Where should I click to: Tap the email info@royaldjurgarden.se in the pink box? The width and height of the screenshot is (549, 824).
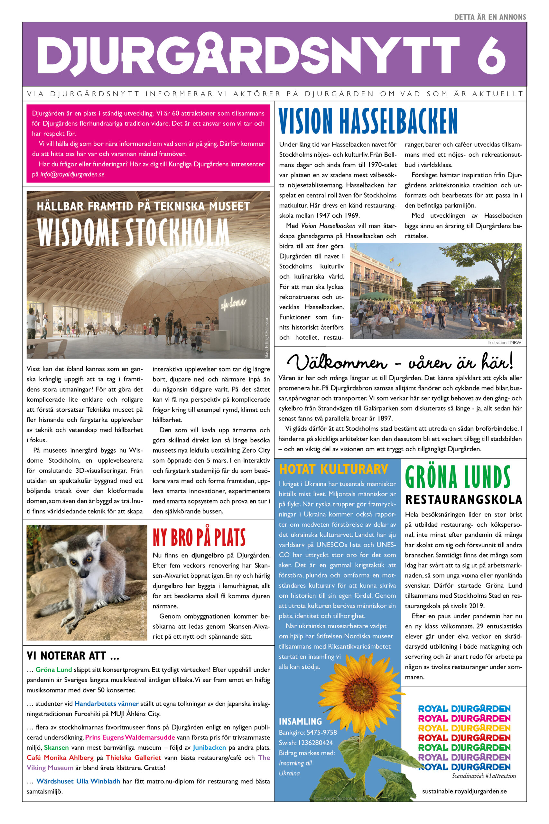[72, 174]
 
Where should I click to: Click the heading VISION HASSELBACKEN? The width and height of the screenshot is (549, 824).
[368, 121]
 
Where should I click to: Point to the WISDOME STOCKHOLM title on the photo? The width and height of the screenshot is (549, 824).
[133, 232]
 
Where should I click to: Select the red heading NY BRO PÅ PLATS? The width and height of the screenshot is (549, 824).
[199, 538]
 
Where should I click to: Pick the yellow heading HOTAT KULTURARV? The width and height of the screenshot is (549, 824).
[333, 469]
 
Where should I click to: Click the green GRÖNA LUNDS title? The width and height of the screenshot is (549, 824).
[457, 477]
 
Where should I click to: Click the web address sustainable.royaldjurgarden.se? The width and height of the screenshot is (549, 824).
[464, 791]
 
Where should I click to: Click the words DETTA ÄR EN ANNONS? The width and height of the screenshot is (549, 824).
[490, 17]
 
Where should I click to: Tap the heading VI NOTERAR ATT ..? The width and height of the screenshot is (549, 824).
[73, 656]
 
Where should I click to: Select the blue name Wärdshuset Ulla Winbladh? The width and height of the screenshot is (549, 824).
[78, 781]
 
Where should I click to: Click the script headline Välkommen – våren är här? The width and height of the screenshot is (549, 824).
[400, 361]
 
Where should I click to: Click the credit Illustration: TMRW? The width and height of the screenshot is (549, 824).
[504, 342]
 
